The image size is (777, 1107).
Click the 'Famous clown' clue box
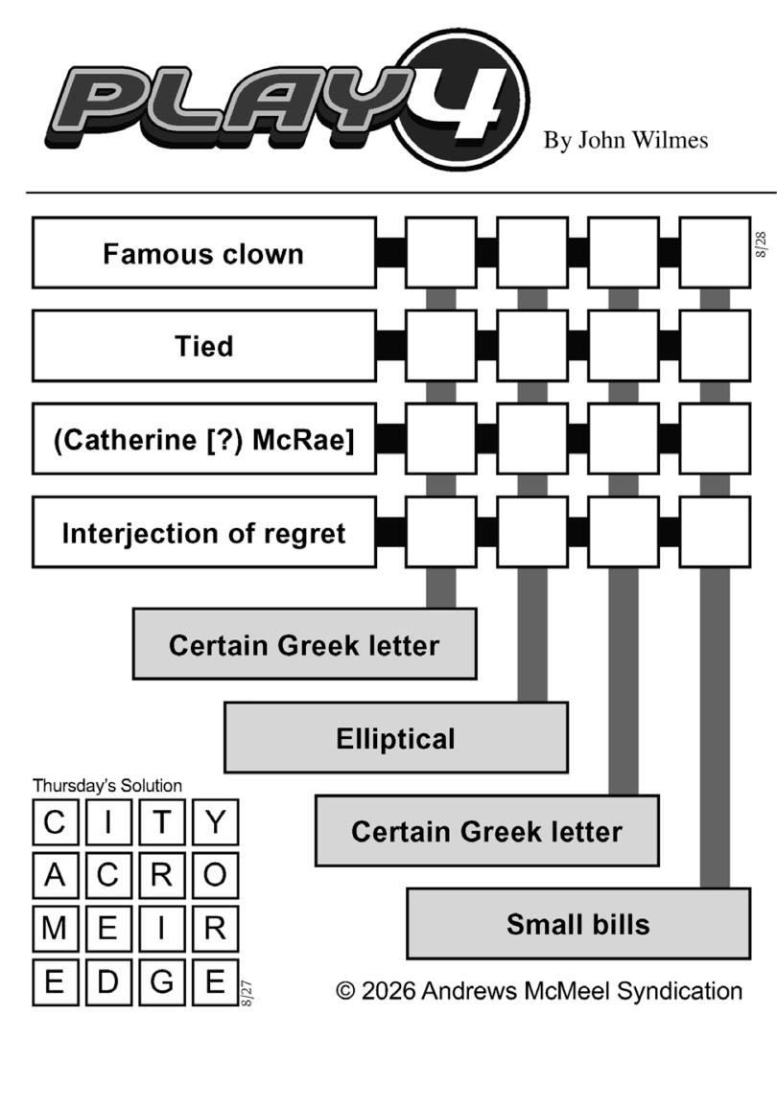(204, 253)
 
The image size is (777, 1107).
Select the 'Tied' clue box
(204, 346)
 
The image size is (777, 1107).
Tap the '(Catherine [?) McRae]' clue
(204, 439)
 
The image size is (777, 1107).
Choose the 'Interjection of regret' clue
(204, 532)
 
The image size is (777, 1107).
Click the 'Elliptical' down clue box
(396, 738)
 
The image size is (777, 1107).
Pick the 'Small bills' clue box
(578, 923)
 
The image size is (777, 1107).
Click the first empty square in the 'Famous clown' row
(440, 253)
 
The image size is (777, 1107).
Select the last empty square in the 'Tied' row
(715, 346)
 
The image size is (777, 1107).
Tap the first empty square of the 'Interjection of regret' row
(440, 532)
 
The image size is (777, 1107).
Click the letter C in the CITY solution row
(55, 822)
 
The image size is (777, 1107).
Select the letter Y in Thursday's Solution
(216, 822)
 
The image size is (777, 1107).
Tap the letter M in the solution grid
(55, 929)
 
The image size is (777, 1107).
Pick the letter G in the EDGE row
(162, 981)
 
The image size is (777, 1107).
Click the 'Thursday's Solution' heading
(107, 786)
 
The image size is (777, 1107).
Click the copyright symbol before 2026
(344, 991)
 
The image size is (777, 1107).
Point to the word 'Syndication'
(679, 991)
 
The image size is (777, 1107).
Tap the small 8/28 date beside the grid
(761, 244)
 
